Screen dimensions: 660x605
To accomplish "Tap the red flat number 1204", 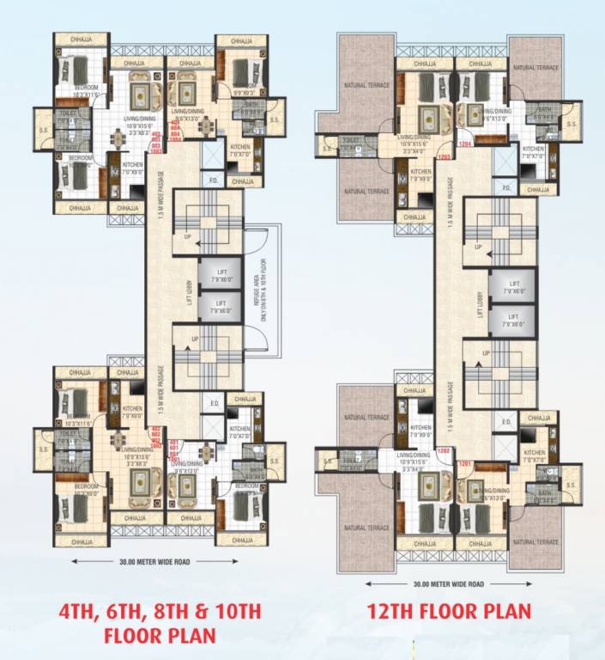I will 466,144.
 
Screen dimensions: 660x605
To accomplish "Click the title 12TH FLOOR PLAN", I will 449,611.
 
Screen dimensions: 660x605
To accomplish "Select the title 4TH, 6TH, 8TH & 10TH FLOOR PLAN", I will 159,625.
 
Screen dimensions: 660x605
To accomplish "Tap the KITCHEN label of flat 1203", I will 420,173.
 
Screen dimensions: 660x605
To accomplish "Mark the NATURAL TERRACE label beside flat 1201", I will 537,542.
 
